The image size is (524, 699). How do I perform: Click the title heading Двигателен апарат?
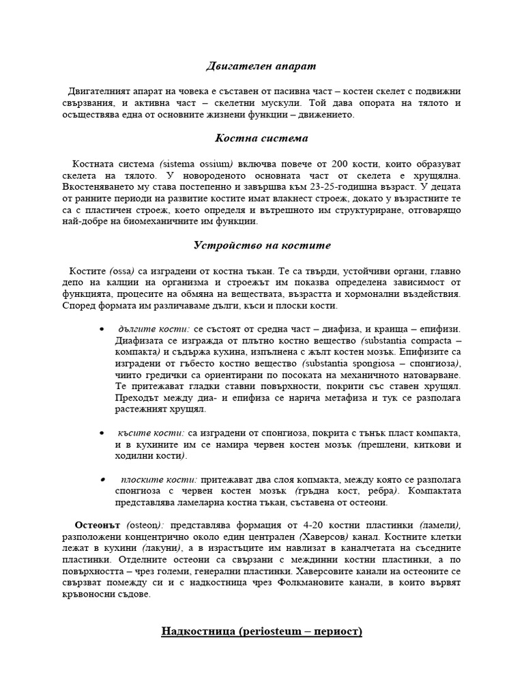[261, 66]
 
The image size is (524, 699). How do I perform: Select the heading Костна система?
[261, 138]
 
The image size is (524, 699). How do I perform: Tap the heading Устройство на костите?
[261, 245]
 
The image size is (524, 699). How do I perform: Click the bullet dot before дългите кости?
[102, 329]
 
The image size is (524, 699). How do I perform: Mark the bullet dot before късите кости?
[102, 433]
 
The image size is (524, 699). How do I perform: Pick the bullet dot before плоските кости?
[102, 479]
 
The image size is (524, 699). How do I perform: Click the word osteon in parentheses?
[143, 525]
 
